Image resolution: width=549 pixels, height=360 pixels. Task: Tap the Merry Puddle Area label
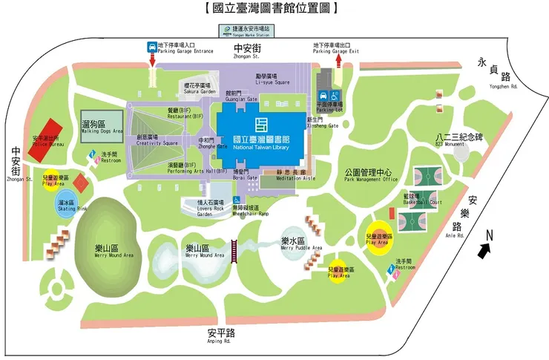pyautogui.click(x=301, y=244)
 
